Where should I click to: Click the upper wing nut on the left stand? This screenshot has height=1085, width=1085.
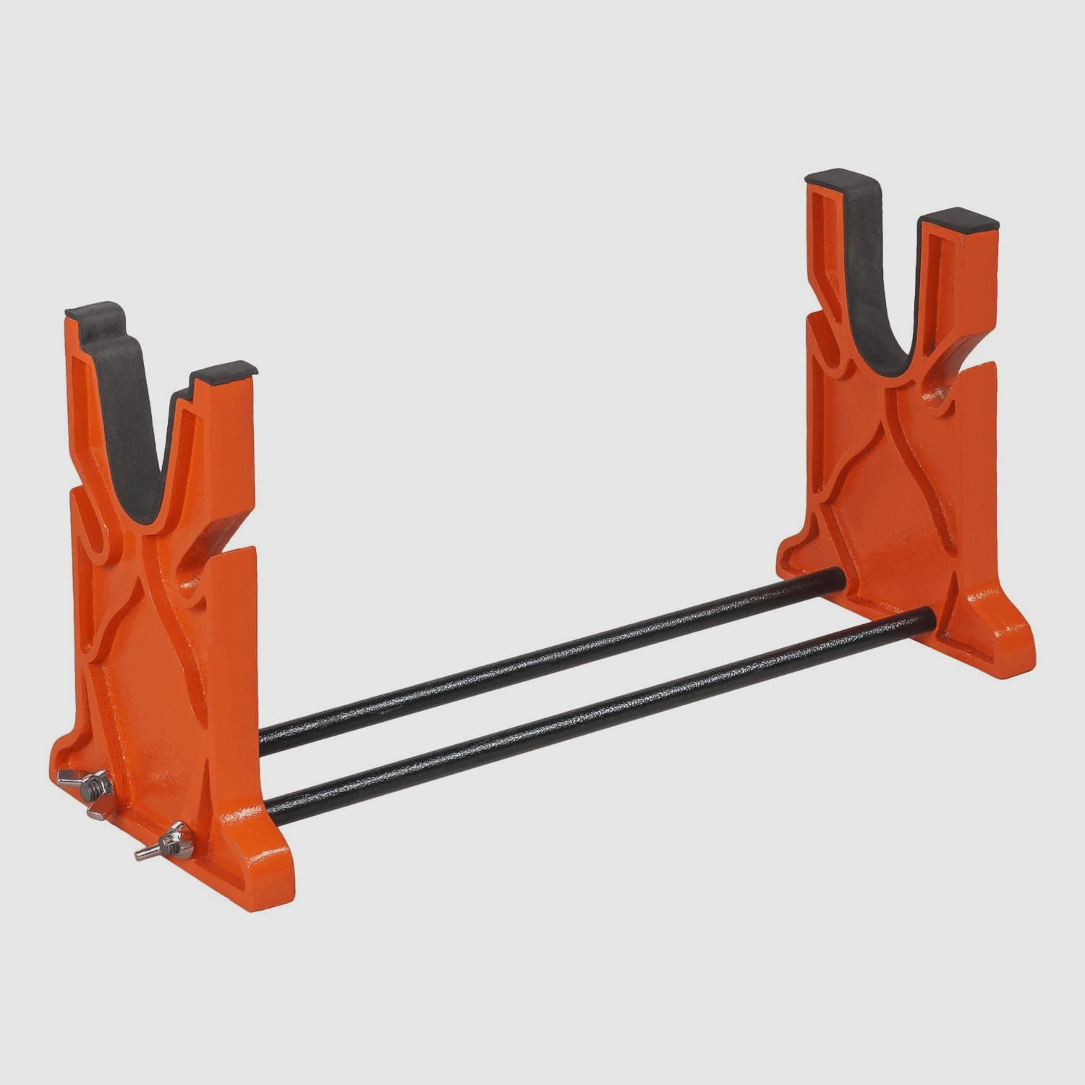pyautogui.click(x=93, y=783)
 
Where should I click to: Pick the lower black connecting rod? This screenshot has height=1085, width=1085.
pyautogui.click(x=600, y=712)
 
